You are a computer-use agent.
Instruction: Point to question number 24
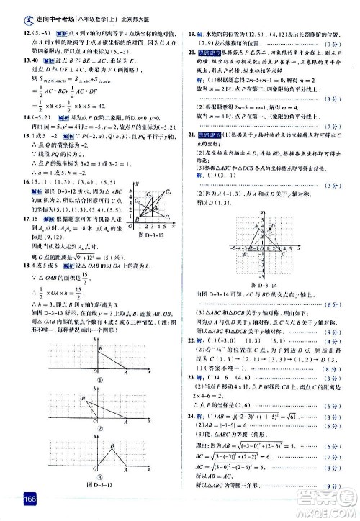click(x=191, y=417)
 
